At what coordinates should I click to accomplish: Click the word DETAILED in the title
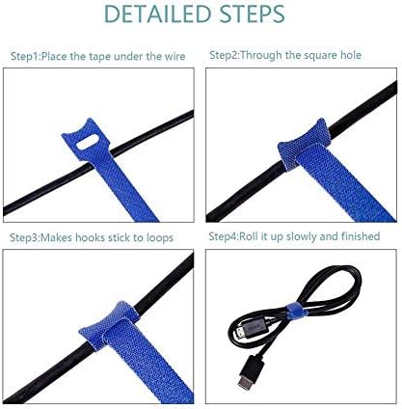click(x=157, y=14)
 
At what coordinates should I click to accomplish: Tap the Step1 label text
click(x=25, y=57)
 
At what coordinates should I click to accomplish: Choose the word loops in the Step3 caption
click(x=160, y=238)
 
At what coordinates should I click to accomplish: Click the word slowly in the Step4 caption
click(x=302, y=236)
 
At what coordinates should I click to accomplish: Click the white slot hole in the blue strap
click(x=88, y=143)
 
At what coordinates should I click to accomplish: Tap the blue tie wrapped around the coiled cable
click(x=296, y=311)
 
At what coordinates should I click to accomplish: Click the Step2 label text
click(x=224, y=55)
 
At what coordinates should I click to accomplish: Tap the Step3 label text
click(x=24, y=238)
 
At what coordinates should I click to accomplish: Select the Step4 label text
click(x=223, y=236)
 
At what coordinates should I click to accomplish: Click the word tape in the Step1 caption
click(x=99, y=57)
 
